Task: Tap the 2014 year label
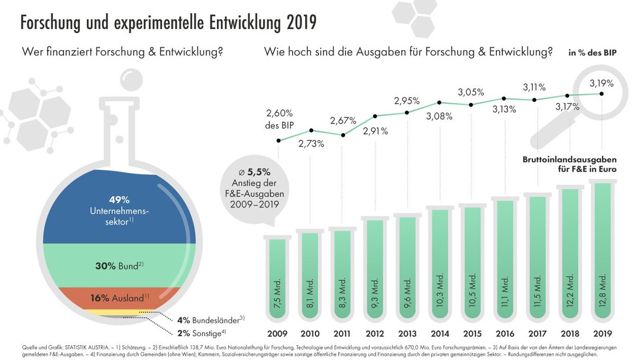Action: coord(441,334)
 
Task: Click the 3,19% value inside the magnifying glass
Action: coord(602,83)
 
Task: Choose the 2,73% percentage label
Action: coord(311,143)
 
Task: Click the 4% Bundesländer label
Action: coord(211,320)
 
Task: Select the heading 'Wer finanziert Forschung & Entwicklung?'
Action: coord(121,53)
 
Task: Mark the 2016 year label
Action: coord(505,334)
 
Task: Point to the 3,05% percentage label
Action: coord(470,92)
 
